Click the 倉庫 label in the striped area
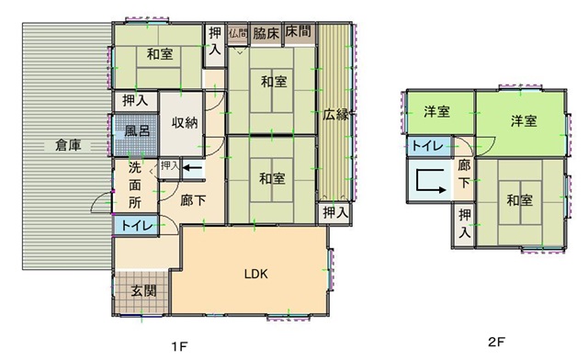pyautogui.click(x=68, y=145)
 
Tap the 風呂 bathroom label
pyautogui.click(x=137, y=131)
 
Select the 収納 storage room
pyautogui.click(x=185, y=123)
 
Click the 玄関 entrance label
pyautogui.click(x=143, y=290)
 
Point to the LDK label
pyautogui.click(x=256, y=274)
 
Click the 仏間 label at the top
pyautogui.click(x=238, y=33)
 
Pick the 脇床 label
pyautogui.click(x=266, y=33)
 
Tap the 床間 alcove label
pyautogui.click(x=299, y=31)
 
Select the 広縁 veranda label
pyautogui.click(x=335, y=115)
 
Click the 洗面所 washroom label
pyautogui.click(x=135, y=186)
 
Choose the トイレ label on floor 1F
pyautogui.click(x=137, y=225)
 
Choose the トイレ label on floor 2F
pyautogui.click(x=427, y=145)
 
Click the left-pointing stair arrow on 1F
pyautogui.click(x=192, y=167)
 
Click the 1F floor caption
pyautogui.click(x=180, y=346)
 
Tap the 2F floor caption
pyautogui.click(x=496, y=342)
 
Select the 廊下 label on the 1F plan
pyautogui.click(x=193, y=200)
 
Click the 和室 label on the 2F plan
pyautogui.click(x=519, y=200)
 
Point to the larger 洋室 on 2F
pyautogui.click(x=524, y=121)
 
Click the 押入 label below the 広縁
pyautogui.click(x=335, y=213)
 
